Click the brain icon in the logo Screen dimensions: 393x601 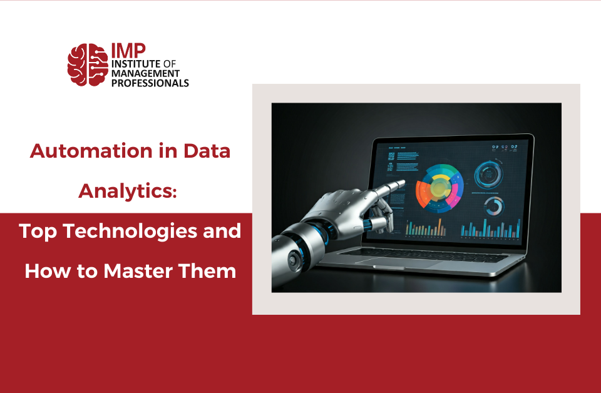pos(87,64)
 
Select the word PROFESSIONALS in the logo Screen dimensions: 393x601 pos(150,82)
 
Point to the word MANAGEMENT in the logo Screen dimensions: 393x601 pos(145,73)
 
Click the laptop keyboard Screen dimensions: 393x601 pos(432,253)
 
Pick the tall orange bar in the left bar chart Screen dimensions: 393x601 pos(439,227)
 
